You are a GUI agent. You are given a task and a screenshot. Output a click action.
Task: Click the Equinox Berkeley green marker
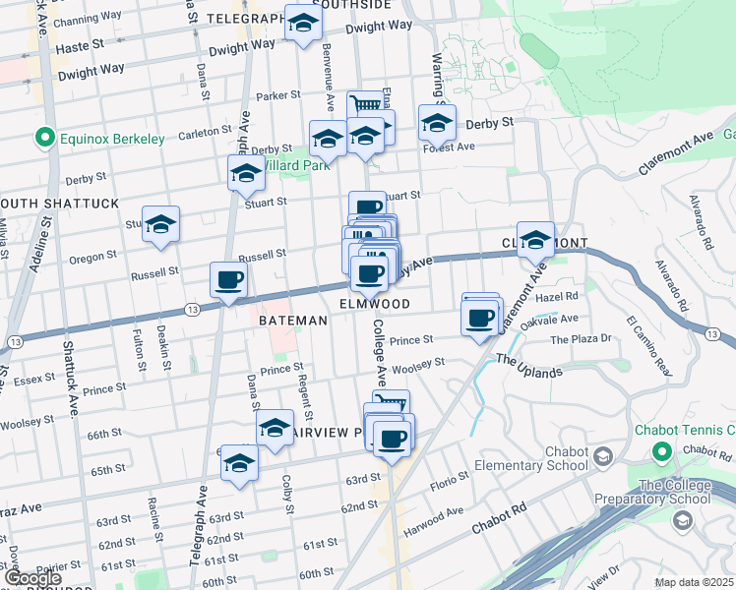tap(43, 139)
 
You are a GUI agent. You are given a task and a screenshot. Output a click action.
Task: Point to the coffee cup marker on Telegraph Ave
tap(228, 281)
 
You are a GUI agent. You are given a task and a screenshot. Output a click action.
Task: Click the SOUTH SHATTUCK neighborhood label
tap(59, 203)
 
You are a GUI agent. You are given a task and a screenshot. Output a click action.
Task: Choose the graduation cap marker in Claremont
tap(536, 240)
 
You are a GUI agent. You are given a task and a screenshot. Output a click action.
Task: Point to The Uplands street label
tap(528, 366)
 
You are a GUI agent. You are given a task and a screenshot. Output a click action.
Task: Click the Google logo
tap(32, 579)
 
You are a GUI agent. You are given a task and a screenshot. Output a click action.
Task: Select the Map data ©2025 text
tap(693, 582)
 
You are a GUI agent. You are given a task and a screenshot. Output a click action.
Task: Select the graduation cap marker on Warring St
tap(437, 124)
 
